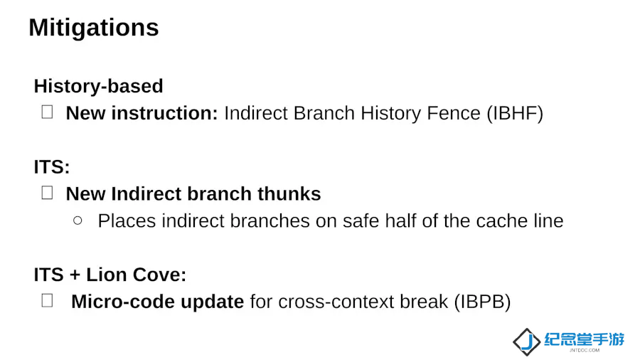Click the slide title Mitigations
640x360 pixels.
pyautogui.click(x=93, y=28)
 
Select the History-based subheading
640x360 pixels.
pyautogui.click(x=98, y=86)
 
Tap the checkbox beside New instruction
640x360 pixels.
pyautogui.click(x=48, y=112)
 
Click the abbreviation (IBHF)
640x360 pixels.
pyautogui.click(x=515, y=113)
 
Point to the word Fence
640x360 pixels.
pyautogui.click(x=454, y=113)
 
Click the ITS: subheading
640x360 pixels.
pyautogui.click(x=52, y=167)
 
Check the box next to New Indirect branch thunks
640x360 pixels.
pyautogui.click(x=48, y=193)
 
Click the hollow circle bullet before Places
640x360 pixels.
pyautogui.click(x=78, y=221)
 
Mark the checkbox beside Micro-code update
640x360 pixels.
pyautogui.click(x=48, y=300)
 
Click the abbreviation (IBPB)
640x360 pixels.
pyautogui.click(x=482, y=302)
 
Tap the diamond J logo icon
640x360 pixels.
pyautogui.click(x=527, y=342)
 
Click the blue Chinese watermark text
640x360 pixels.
pyautogui.click(x=584, y=339)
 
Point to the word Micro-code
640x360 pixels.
pyautogui.click(x=123, y=302)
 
